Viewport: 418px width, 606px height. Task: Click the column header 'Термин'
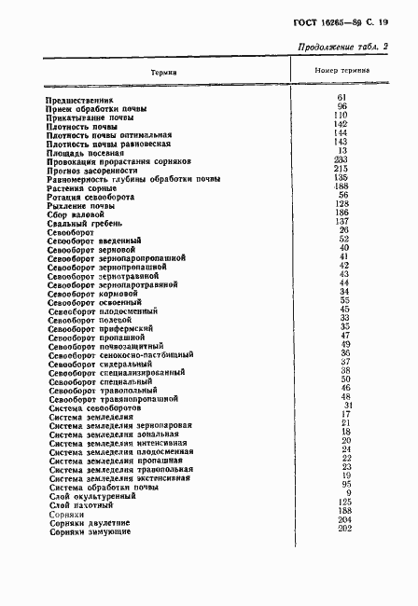[163, 70]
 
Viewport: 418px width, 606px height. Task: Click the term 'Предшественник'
[78, 99]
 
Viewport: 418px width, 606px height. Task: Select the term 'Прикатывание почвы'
[90, 116]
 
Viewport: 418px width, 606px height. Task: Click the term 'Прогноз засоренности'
[91, 169]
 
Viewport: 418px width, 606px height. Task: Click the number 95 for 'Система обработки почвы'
[343, 485]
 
